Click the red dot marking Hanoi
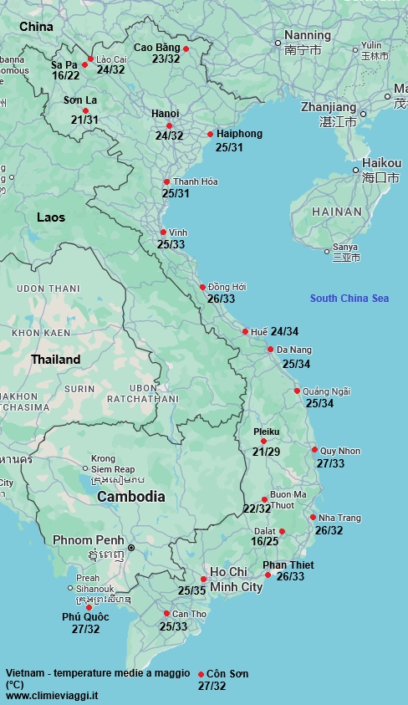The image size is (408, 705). pyautogui.click(x=169, y=126)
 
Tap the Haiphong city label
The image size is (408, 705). pyautogui.click(x=239, y=134)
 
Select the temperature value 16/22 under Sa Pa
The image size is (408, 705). pyautogui.click(x=65, y=76)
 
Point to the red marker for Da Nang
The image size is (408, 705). pyautogui.click(x=271, y=350)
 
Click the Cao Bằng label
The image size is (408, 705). pyautogui.click(x=156, y=48)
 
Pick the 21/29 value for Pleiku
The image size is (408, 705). pyautogui.click(x=267, y=452)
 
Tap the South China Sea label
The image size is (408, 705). pyautogui.click(x=349, y=299)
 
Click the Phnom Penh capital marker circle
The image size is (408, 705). pyautogui.click(x=130, y=548)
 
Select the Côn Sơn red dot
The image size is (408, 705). pyautogui.click(x=201, y=674)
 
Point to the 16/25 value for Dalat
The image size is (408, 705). pyautogui.click(x=265, y=541)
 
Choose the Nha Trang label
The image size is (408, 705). pyautogui.click(x=339, y=518)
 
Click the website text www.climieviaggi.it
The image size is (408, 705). pyautogui.click(x=52, y=695)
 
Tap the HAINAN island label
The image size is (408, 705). pyautogui.click(x=337, y=212)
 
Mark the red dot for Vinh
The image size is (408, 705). pyautogui.click(x=163, y=232)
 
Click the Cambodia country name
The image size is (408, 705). pyautogui.click(x=130, y=497)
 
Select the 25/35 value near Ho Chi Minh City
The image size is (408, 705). pyautogui.click(x=191, y=590)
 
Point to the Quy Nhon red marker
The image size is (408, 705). pyautogui.click(x=314, y=450)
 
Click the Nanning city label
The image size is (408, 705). pyautogui.click(x=308, y=36)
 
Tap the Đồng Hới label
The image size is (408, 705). pyautogui.click(x=227, y=287)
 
